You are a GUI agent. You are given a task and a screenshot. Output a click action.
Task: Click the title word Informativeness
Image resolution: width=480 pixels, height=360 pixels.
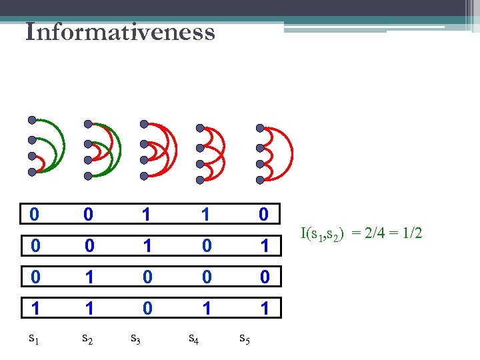(120, 32)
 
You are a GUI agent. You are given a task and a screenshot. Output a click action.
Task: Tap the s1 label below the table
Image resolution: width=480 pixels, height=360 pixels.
(33, 339)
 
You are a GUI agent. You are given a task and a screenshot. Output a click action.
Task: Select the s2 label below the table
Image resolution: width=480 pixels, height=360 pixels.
(87, 339)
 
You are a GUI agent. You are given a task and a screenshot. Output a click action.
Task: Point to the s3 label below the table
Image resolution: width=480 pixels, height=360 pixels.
(135, 339)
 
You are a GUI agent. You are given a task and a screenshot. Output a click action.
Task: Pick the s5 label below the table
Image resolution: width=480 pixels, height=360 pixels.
(245, 339)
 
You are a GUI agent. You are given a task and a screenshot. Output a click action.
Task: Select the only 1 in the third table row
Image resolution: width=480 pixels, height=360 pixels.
(87, 275)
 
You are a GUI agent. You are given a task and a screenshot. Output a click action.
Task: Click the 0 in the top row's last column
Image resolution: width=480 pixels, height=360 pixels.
(264, 214)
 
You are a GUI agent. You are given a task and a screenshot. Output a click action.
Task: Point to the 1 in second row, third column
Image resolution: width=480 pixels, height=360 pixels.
(147, 245)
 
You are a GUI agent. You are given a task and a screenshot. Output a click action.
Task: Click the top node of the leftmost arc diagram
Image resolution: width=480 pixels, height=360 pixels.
(31, 120)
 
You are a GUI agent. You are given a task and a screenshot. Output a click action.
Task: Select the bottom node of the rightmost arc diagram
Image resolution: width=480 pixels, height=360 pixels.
(260, 179)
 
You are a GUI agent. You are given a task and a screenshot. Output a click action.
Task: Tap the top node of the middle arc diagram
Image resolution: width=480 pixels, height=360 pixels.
(143, 123)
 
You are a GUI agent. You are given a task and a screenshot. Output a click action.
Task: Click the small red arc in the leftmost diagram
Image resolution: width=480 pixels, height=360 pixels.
(41, 164)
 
